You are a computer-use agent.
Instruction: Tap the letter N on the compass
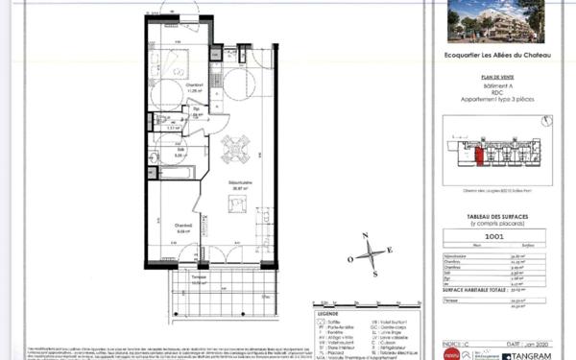pos(363,235)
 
